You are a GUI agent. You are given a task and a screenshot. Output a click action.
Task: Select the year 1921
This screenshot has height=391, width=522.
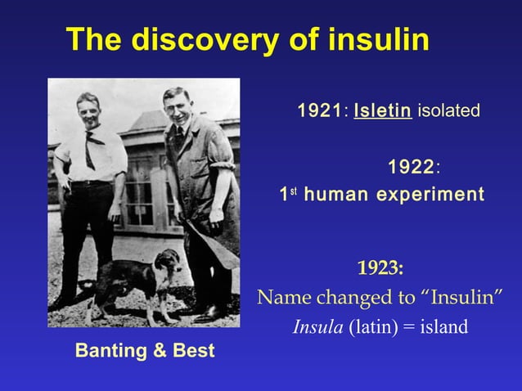(319, 110)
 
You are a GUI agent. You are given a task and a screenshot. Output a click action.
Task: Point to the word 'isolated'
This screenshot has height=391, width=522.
(448, 110)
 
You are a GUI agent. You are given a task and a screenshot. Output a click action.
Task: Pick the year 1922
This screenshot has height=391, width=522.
(411, 168)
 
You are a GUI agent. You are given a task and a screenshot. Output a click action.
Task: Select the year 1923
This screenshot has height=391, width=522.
(379, 268)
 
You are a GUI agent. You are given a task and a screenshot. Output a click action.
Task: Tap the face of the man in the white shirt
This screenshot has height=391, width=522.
(88, 110)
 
